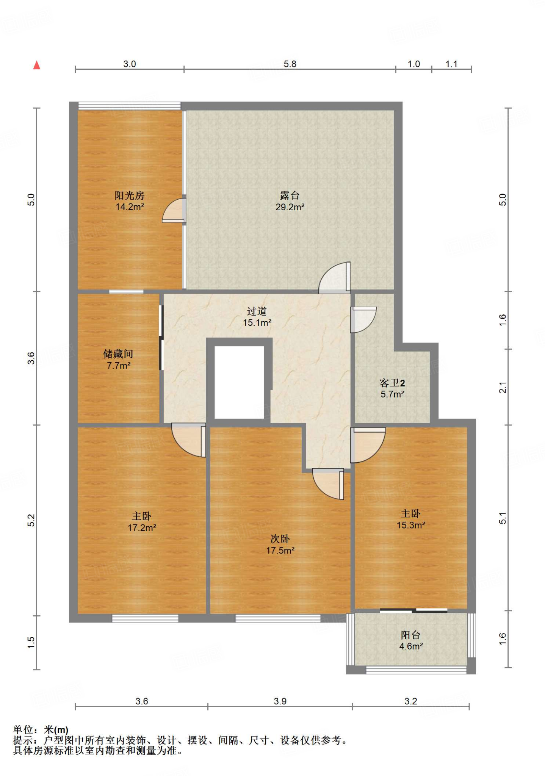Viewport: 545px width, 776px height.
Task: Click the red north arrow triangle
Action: (37, 65)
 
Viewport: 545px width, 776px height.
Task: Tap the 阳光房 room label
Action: (130, 196)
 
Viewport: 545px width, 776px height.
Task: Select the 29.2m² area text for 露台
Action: (290, 207)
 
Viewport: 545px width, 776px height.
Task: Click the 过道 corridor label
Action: (257, 311)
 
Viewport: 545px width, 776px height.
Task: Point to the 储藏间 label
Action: (118, 354)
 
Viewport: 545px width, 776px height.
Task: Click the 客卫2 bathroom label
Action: (392, 383)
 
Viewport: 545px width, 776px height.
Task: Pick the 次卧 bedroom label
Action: (280, 539)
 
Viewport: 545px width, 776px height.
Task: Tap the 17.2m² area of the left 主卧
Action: (142, 527)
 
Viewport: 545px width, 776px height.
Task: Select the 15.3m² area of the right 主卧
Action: (411, 525)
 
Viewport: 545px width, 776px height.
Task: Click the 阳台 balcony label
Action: (410, 635)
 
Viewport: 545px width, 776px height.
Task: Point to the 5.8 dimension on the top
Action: (290, 64)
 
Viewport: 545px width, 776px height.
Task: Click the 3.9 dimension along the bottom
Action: (280, 701)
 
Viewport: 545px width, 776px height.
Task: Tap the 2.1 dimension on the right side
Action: (503, 388)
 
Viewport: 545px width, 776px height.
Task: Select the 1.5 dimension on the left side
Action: (31, 642)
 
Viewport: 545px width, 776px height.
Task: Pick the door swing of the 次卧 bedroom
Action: (328, 484)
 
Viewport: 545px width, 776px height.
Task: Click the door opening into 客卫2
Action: (363, 320)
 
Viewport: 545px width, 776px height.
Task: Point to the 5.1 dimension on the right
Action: (503, 518)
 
